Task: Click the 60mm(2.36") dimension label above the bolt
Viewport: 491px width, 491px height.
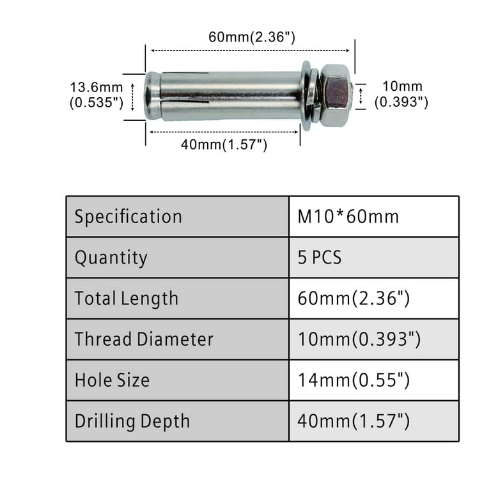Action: (251, 37)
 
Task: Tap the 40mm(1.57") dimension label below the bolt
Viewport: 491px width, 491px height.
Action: (223, 144)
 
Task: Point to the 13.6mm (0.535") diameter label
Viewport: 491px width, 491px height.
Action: (96, 95)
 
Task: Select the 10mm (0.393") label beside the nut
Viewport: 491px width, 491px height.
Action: (401, 93)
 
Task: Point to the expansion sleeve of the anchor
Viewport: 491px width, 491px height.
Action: (230, 96)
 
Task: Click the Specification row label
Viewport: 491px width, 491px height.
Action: (128, 217)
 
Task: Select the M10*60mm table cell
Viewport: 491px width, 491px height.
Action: (348, 217)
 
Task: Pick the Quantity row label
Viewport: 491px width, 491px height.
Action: (111, 258)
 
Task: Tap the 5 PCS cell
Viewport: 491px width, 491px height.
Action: (320, 258)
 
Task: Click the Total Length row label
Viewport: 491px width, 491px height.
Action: (127, 299)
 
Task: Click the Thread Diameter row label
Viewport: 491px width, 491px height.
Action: (144, 339)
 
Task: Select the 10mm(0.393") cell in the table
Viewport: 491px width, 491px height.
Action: (359, 339)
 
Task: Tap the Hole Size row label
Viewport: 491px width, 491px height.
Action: (112, 380)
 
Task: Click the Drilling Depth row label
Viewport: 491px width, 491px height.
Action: (132, 421)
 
